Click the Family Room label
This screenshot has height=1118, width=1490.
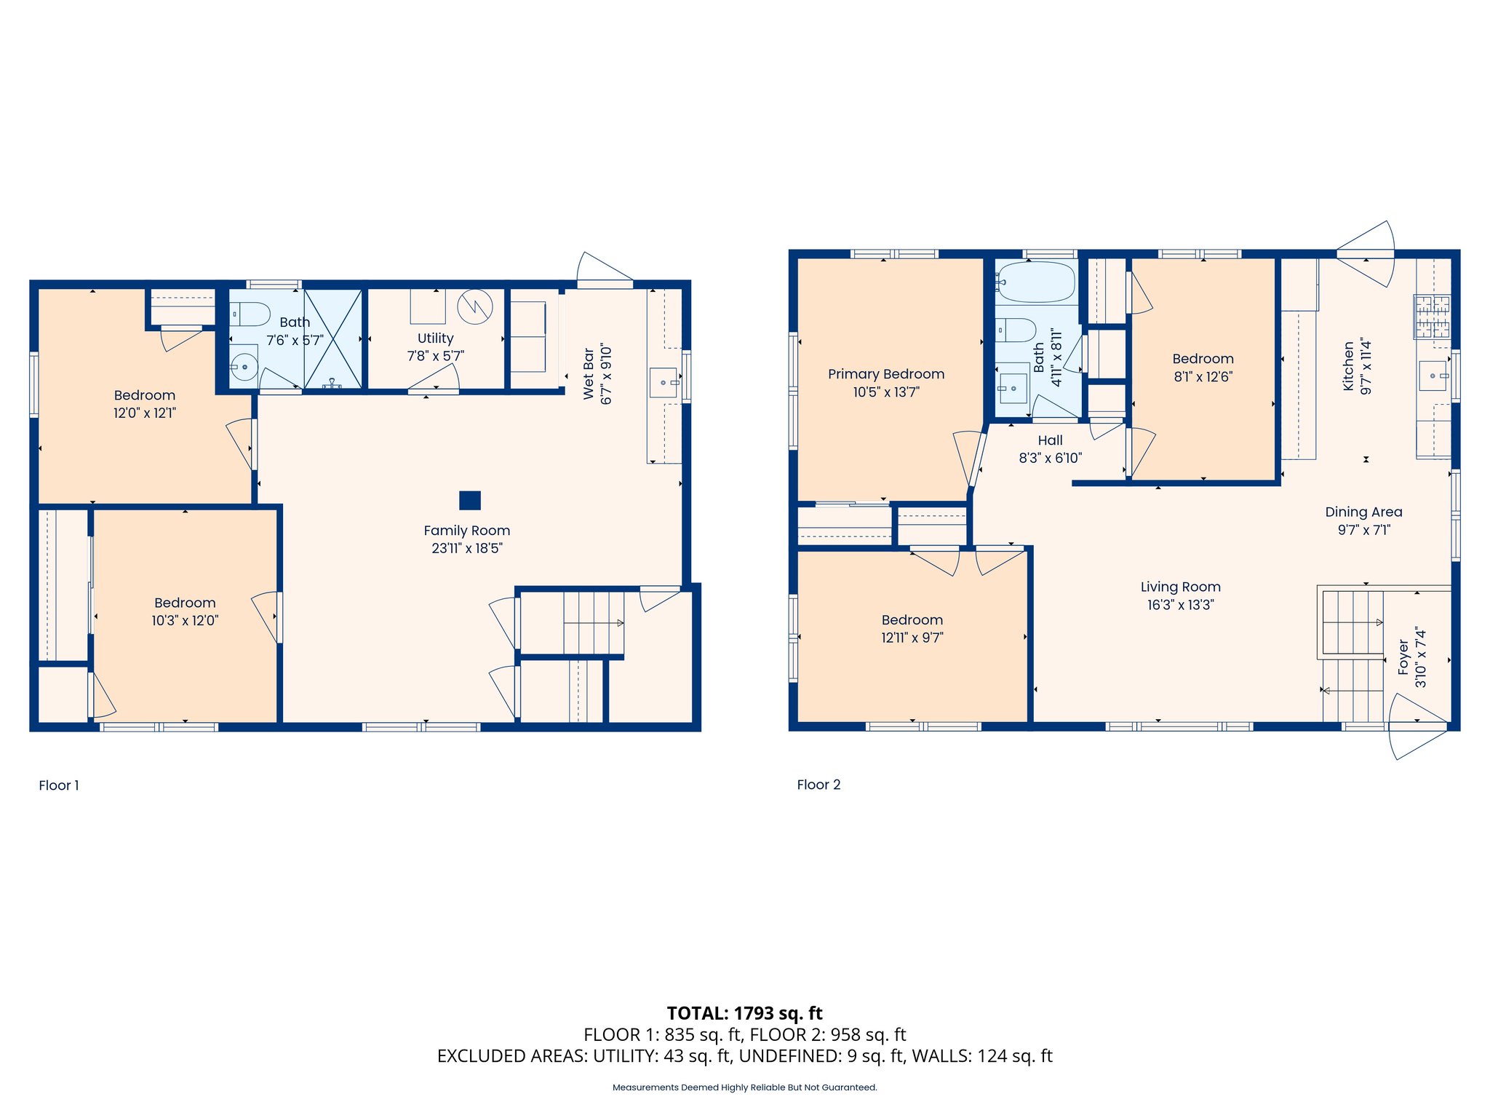[466, 531]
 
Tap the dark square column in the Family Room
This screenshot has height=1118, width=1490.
[470, 501]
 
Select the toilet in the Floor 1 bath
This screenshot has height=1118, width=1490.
[250, 314]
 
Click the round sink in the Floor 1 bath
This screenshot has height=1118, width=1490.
[244, 367]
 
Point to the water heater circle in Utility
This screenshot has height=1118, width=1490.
[475, 306]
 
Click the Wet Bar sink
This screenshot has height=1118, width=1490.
[664, 382]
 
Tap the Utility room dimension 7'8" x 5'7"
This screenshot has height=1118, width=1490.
[435, 356]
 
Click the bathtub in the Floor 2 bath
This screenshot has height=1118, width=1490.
[1036, 282]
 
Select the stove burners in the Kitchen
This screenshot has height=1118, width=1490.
[1432, 316]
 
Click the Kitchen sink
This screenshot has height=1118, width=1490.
[1433, 376]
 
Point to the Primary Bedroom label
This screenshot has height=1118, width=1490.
[886, 374]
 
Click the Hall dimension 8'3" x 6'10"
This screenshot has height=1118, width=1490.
[1050, 458]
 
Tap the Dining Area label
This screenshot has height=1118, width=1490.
[1363, 512]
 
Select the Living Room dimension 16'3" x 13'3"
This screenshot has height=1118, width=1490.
[1180, 605]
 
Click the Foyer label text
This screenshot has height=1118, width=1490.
[1403, 658]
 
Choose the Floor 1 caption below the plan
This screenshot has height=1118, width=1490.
[59, 785]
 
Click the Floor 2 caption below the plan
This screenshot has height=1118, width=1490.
[818, 785]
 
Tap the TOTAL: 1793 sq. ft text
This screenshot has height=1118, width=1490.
[744, 1013]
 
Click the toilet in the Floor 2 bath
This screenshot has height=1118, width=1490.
[1017, 330]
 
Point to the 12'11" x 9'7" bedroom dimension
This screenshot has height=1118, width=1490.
[912, 638]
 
